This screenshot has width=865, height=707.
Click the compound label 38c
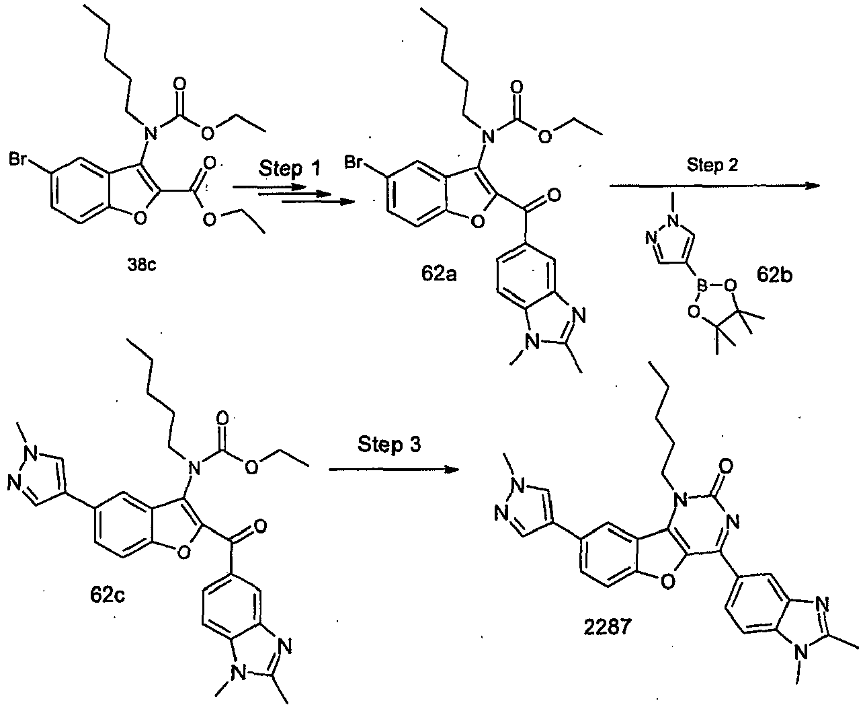[x=142, y=265]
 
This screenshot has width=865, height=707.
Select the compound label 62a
[x=439, y=273]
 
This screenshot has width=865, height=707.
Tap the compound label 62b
[x=774, y=274]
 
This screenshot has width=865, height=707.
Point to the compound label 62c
[x=108, y=595]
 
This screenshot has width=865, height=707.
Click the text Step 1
[x=289, y=168]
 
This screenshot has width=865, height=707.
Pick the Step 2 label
[x=712, y=165]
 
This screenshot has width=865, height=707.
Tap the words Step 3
[x=389, y=444]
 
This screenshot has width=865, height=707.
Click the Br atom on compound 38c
[x=18, y=159]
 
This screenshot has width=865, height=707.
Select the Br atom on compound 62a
[x=354, y=162]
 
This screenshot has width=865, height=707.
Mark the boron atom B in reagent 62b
[x=702, y=284]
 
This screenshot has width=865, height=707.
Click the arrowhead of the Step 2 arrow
[x=814, y=186]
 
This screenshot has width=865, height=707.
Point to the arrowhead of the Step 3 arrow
[x=452, y=470]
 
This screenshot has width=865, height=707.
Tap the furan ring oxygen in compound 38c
[x=140, y=219]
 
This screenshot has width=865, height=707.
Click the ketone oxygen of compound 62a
[x=554, y=194]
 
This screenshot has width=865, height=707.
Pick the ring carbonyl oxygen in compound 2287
[x=726, y=466]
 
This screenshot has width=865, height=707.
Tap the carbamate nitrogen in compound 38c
[x=151, y=133]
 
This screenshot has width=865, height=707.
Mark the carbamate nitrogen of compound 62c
[x=194, y=468]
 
